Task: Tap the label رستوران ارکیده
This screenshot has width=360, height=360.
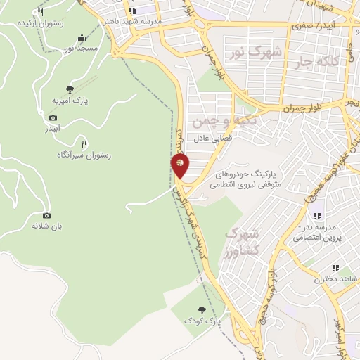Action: [38, 23]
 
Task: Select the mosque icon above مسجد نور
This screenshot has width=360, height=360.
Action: [82, 38]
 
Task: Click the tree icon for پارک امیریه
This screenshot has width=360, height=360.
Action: [70, 89]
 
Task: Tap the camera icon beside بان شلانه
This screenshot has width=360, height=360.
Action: [46, 215]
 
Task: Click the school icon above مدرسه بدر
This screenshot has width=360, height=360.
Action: [317, 215]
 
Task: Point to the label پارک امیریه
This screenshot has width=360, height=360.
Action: [70, 101]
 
